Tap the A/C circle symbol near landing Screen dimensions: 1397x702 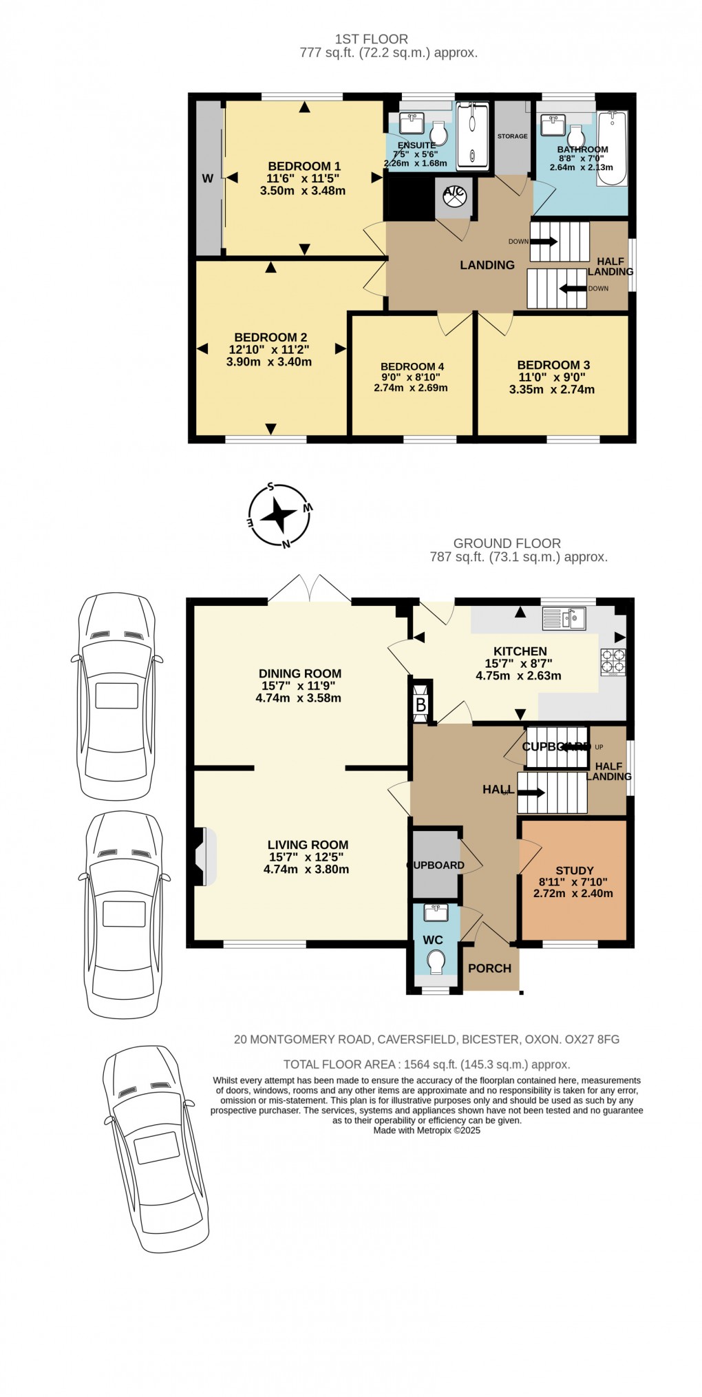454,196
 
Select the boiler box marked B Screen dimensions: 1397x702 421,704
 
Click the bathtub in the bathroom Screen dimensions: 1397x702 612,149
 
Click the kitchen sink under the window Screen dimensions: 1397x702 563,618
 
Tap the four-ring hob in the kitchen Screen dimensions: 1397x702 613,661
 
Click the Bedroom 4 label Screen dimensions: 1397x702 412,366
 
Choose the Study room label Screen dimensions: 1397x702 575,870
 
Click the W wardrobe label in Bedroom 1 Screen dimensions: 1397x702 207,178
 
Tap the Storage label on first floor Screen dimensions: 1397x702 512,136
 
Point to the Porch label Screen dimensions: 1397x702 489,968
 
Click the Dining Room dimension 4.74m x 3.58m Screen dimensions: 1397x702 299,698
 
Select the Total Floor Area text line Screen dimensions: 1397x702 427,1064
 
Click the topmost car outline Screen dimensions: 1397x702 116,695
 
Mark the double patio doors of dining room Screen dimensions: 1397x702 310,589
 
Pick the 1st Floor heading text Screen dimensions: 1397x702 371,39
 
